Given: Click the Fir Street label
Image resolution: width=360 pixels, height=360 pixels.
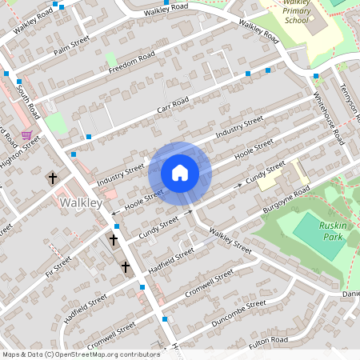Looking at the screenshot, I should pyautogui.click(x=58, y=265).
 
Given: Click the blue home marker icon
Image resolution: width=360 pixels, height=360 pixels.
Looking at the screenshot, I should pyautogui.click(x=180, y=173).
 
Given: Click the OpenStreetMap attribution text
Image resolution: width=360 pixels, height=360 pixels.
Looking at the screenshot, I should pyautogui.click(x=81, y=354).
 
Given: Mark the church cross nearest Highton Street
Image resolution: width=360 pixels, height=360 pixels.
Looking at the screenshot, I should pyautogui.click(x=54, y=178).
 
